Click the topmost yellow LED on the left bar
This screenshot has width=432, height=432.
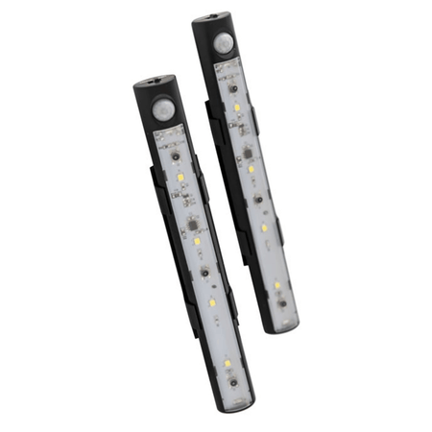180,180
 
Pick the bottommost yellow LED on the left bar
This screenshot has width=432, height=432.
226,364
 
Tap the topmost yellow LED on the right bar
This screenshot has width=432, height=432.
236,108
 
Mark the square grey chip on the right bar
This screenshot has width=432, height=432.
246,150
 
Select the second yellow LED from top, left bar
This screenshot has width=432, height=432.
197,242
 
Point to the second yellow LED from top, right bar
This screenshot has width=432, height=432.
251,169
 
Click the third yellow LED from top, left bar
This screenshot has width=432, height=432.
211,302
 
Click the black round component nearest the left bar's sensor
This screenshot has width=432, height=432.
175,154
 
